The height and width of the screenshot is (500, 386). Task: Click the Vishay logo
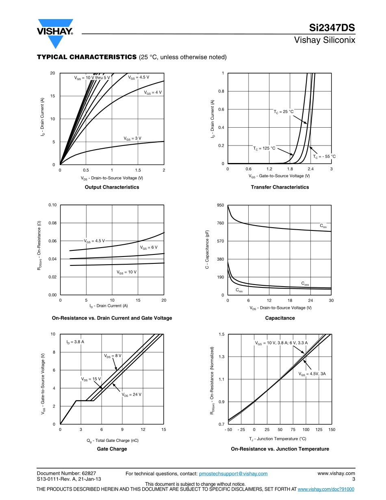[55, 33]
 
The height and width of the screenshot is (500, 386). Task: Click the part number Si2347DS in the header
[332, 28]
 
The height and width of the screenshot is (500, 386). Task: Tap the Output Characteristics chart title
[112, 187]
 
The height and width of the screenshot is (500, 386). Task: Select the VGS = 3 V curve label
[132, 139]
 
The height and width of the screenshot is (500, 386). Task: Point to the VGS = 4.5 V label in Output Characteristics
[139, 77]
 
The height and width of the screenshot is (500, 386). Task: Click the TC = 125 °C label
[264, 148]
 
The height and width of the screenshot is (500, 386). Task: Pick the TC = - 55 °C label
[324, 157]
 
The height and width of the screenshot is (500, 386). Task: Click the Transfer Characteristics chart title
[280, 187]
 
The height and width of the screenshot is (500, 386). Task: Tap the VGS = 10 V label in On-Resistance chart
[126, 272]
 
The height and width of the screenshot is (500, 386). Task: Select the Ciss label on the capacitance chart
[323, 225]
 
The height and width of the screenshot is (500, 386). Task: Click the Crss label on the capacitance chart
[239, 290]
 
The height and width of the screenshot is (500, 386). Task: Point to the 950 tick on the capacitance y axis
[220, 205]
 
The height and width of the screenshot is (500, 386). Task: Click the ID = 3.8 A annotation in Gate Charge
[75, 342]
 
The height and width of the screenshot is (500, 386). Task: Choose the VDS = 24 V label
[131, 394]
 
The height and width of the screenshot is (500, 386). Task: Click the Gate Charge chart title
[112, 449]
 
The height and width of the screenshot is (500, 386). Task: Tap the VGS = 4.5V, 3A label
[312, 374]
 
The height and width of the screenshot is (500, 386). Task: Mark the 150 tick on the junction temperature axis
[332, 430]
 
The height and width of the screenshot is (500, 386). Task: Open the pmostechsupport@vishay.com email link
[233, 474]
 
